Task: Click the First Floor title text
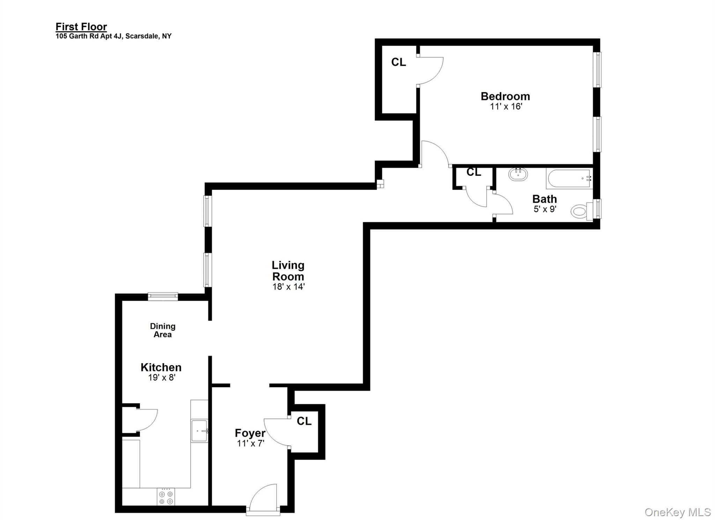[x=81, y=27]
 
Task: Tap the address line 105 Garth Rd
[x=113, y=36]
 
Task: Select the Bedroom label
[x=505, y=96]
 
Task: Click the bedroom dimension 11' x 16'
[x=506, y=107]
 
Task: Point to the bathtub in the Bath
[x=569, y=178]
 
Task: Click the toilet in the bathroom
[x=579, y=211]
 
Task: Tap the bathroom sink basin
[x=518, y=174]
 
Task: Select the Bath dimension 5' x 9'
[x=544, y=209]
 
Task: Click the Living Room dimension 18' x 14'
[x=288, y=287]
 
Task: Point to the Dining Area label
[x=163, y=330]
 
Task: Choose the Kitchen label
[x=161, y=367]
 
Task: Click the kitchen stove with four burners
[x=166, y=497]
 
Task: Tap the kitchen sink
[x=199, y=431]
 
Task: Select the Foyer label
[x=250, y=433]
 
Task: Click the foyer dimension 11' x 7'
[x=250, y=444]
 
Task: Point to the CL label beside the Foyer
[x=304, y=421]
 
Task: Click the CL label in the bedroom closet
[x=398, y=62]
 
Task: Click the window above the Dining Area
[x=163, y=296]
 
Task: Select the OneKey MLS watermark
[x=677, y=512]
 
